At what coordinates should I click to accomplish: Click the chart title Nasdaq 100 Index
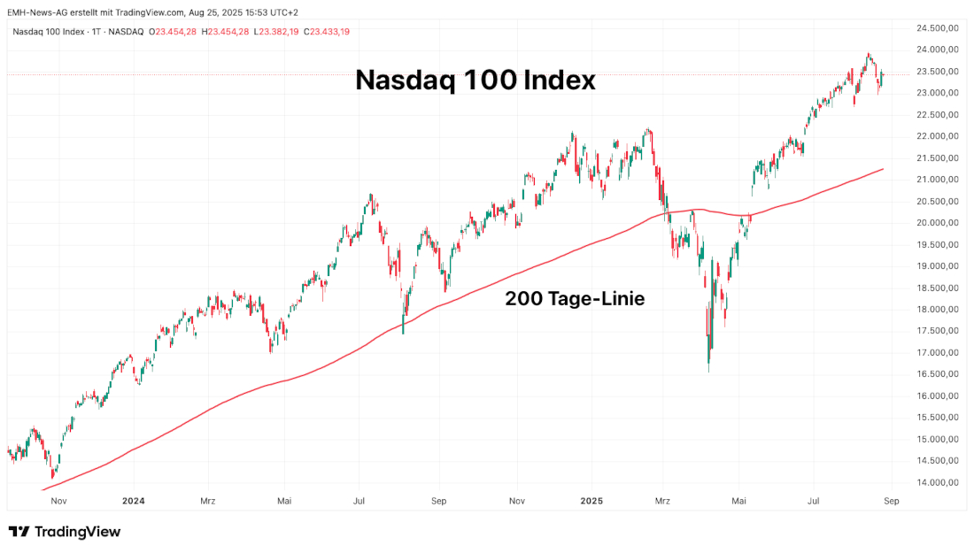pyautogui.click(x=475, y=81)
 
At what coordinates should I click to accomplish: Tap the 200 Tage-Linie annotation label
pyautogui.click(x=575, y=299)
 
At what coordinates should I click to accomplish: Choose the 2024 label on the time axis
pyautogui.click(x=133, y=501)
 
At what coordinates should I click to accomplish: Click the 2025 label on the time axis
pyautogui.click(x=591, y=501)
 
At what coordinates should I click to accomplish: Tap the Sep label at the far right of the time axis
pyautogui.click(x=892, y=501)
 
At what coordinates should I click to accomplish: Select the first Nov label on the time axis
pyautogui.click(x=59, y=501)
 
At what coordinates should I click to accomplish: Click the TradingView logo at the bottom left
pyautogui.click(x=64, y=532)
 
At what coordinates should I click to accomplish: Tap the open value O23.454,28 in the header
pyautogui.click(x=175, y=32)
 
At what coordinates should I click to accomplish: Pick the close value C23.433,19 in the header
pyautogui.click(x=327, y=32)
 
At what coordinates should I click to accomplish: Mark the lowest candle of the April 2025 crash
pyautogui.click(x=709, y=371)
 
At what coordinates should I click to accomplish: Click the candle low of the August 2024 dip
pyautogui.click(x=404, y=333)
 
